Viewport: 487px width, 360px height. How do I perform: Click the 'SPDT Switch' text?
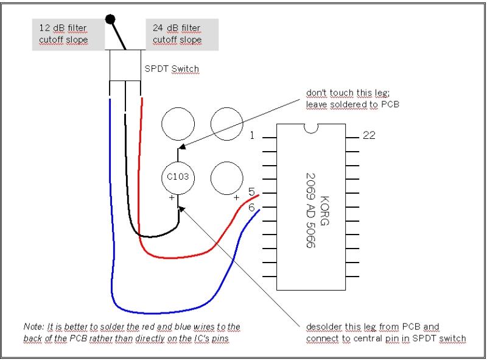[172, 68]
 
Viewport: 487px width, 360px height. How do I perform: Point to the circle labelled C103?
[178, 177]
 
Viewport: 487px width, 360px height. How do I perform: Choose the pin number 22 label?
[369, 135]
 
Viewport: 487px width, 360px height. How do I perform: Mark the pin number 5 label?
[251, 192]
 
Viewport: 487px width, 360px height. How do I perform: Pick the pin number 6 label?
[251, 208]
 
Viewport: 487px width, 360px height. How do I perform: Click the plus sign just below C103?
[172, 198]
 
